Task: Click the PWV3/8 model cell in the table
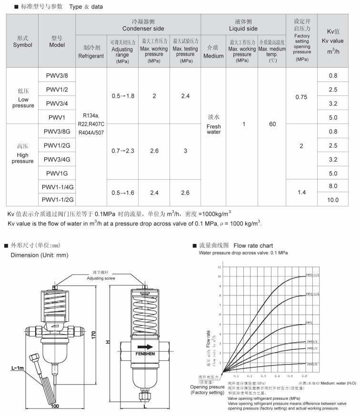57,75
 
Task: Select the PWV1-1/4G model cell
57,186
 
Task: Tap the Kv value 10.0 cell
333,200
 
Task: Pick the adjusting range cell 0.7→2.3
123,151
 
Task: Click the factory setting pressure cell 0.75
301,97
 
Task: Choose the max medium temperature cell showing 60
272,124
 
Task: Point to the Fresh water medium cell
214,124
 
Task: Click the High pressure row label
23,154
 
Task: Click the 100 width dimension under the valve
55,406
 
